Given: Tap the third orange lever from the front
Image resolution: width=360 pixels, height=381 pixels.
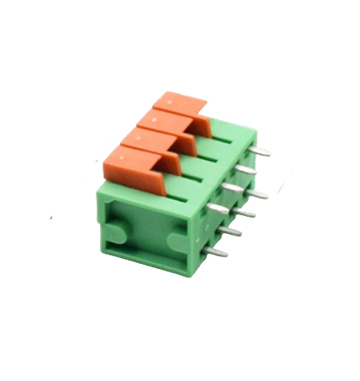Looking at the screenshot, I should click(x=162, y=126).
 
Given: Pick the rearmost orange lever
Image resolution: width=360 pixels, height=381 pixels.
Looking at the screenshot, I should click(x=178, y=106).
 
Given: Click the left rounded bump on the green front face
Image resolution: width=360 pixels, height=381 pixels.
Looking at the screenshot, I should click(x=121, y=232).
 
